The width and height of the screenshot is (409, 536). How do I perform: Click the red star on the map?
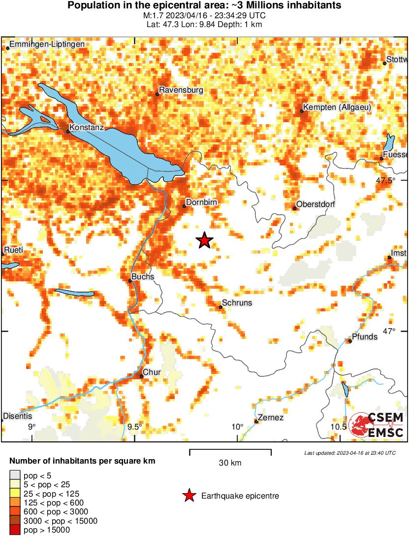point(204,240)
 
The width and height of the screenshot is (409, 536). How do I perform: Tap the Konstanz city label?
point(86,127)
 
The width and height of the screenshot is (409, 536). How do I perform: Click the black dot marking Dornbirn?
point(185,206)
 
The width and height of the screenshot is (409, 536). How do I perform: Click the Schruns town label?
point(237,303)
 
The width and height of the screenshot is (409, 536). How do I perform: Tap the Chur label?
point(152,372)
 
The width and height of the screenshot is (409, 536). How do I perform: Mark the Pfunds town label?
point(365,337)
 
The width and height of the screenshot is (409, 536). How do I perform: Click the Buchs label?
point(143,277)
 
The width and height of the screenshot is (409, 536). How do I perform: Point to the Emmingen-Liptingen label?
point(47,44)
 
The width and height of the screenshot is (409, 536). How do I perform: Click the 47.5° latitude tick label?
point(385,180)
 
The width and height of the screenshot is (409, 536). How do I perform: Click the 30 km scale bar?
point(230,450)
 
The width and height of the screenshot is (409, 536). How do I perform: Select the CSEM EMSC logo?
point(377,425)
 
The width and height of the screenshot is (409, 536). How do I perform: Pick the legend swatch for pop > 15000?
point(15,530)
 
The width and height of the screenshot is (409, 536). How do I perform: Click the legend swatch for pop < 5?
point(15,475)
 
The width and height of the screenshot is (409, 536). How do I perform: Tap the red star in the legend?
point(189,496)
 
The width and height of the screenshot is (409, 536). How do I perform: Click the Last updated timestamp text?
point(349,453)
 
